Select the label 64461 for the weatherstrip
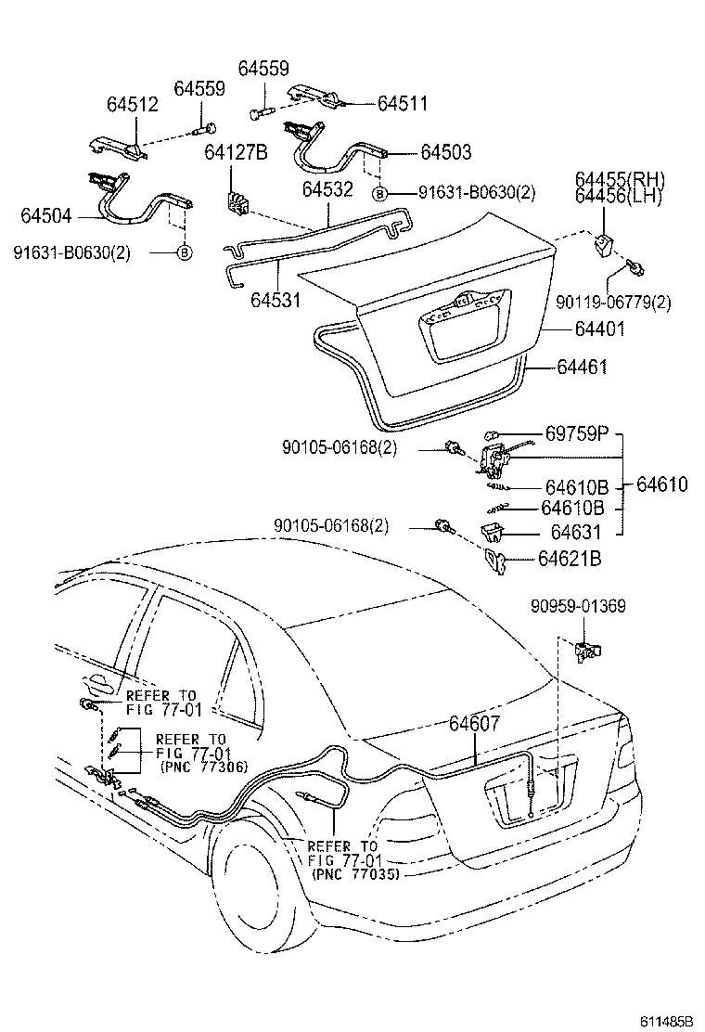click(x=582, y=368)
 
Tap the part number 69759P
click(x=578, y=433)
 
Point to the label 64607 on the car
click(x=480, y=725)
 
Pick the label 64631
click(x=575, y=533)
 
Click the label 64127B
click(x=236, y=152)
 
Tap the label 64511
click(x=402, y=104)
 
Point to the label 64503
click(x=445, y=152)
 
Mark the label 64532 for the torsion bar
click(x=327, y=189)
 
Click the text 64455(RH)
click(x=620, y=179)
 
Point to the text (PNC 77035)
click(x=356, y=873)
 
